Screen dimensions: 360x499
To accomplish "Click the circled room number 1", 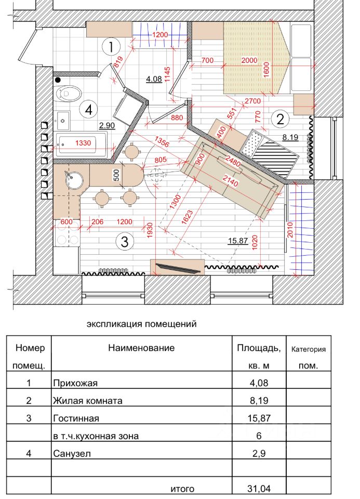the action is tap(111, 47).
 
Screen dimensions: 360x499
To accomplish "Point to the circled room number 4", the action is tap(89, 110).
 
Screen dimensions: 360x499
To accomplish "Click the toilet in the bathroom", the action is tap(69, 94).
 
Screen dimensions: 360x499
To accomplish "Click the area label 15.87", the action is tap(237, 241).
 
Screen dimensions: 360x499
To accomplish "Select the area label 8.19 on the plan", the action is tap(292, 138).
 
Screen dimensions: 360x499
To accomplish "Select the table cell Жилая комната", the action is tap(87, 401).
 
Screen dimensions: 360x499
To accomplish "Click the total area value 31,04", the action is tap(259, 489).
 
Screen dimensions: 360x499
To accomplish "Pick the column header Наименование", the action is tap(141, 348).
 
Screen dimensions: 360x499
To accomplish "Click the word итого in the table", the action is tap(182, 489).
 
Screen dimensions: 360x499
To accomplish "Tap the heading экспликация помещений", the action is tap(141, 324).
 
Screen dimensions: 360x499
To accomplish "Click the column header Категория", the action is tap(309, 349).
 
